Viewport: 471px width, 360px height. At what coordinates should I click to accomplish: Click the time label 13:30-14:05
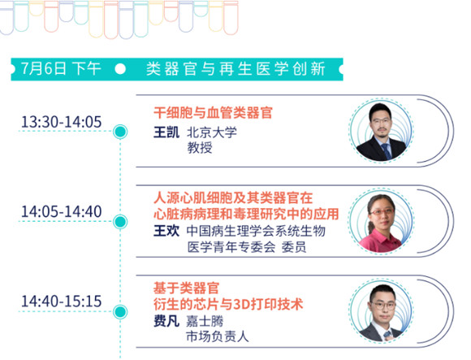[x=61, y=122]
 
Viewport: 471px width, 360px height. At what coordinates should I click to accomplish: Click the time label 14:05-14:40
[x=61, y=211]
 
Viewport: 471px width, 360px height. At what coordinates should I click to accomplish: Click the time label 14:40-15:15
[x=61, y=301]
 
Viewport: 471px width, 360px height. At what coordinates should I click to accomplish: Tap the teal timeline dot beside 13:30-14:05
[x=120, y=132]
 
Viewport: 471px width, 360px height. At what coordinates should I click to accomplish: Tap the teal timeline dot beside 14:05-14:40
[x=120, y=222]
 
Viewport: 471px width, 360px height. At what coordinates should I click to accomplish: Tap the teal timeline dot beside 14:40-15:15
[x=120, y=311]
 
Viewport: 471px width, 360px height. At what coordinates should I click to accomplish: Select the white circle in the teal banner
[x=120, y=69]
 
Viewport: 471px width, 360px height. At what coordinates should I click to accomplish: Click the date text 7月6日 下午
[x=60, y=68]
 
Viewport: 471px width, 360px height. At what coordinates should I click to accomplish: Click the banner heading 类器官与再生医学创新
[x=235, y=69]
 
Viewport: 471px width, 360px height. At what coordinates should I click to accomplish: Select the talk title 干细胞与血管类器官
[x=213, y=113]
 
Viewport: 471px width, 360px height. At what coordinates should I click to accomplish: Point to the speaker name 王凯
[x=166, y=132]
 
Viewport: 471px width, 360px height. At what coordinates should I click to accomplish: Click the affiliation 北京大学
[x=212, y=132]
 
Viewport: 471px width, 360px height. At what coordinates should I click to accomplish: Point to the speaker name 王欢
[x=166, y=231]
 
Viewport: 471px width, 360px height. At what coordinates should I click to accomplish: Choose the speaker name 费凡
[x=166, y=321]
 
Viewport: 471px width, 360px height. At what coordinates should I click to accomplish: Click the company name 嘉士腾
[x=205, y=321]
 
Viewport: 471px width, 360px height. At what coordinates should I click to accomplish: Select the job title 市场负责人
[x=218, y=336]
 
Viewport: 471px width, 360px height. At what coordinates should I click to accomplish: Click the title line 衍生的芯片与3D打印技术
[x=228, y=305]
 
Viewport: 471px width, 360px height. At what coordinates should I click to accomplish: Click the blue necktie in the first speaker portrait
[x=386, y=151]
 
